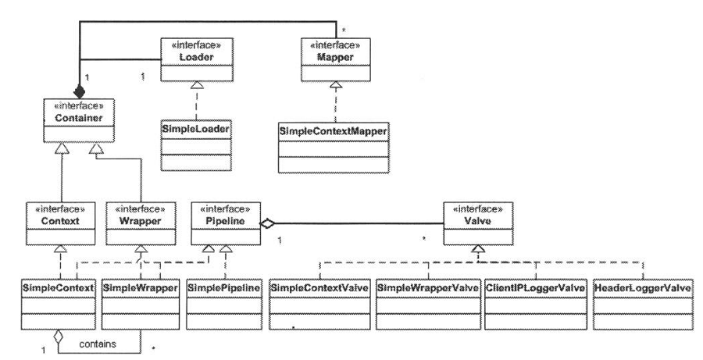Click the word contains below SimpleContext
click(x=98, y=342)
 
